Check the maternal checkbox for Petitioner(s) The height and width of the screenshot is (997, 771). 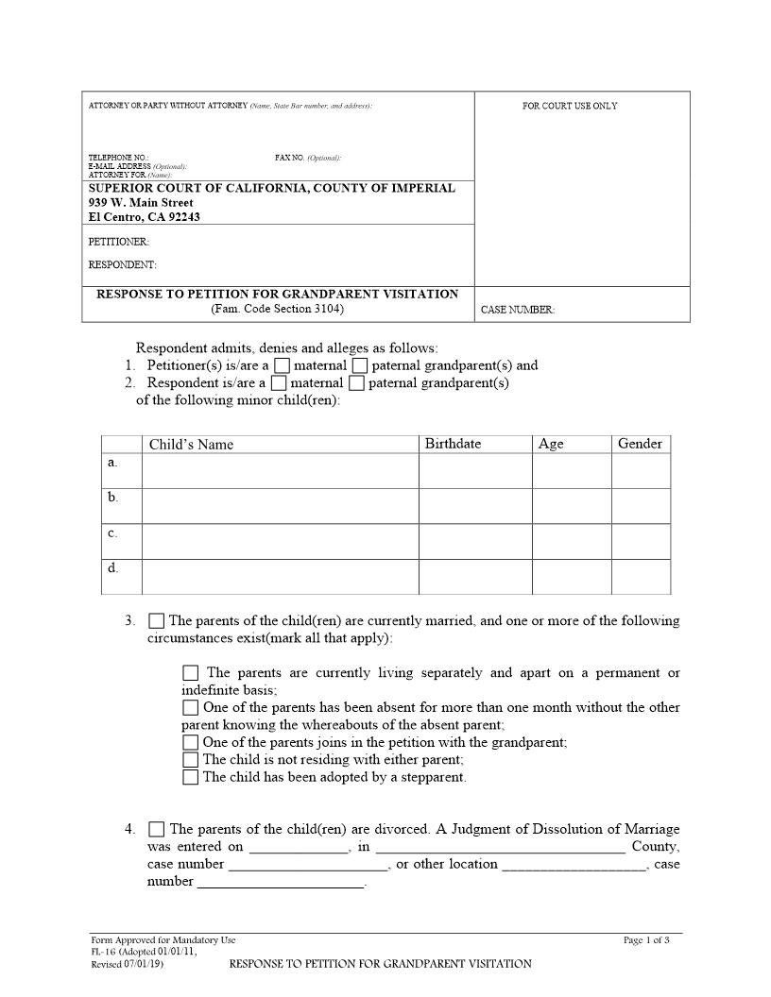(282, 366)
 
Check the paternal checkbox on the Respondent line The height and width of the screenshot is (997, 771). (356, 383)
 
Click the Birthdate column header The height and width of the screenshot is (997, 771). (453, 444)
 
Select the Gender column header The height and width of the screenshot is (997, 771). (640, 444)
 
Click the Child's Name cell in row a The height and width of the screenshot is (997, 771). (280, 470)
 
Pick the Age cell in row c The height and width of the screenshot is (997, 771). (571, 541)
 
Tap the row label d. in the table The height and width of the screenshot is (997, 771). (113, 568)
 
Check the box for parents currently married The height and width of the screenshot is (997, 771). (157, 621)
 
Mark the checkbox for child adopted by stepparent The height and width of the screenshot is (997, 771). (191, 778)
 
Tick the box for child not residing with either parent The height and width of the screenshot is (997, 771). (191, 760)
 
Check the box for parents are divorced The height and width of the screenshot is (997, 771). (157, 830)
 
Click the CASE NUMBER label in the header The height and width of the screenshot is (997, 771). (518, 310)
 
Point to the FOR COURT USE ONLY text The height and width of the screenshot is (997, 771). (570, 106)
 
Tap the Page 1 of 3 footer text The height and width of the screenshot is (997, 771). (646, 940)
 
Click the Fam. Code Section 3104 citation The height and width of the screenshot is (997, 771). (278, 309)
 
